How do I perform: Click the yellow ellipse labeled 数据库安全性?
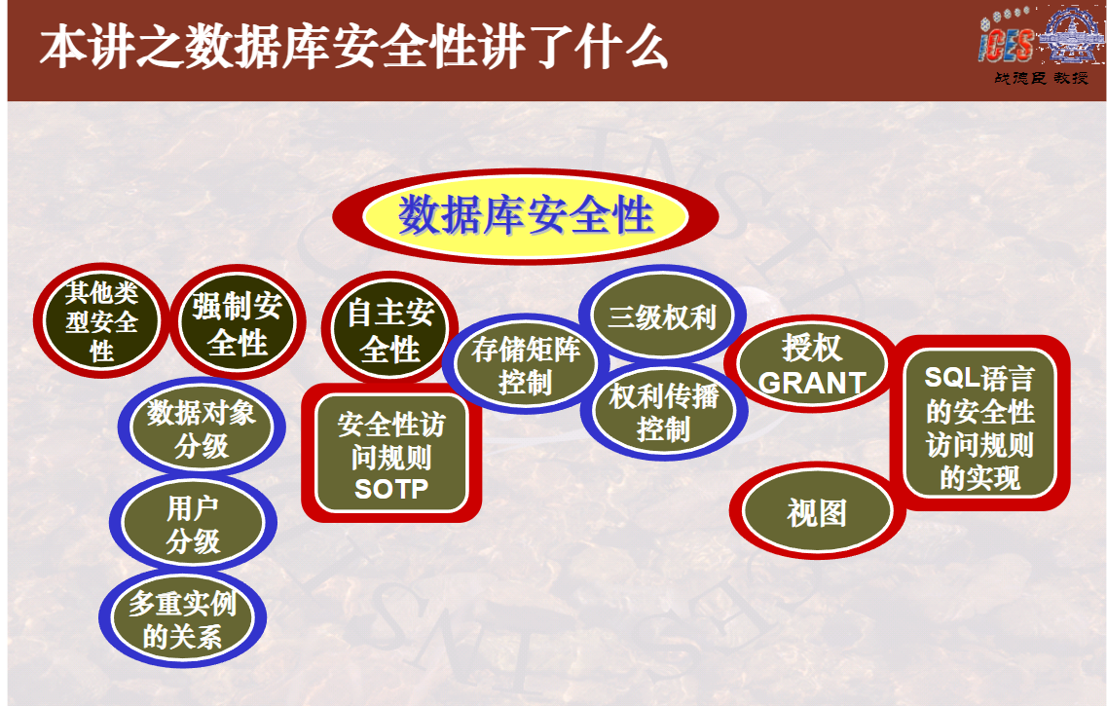click(x=525, y=216)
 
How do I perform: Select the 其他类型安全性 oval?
click(x=101, y=321)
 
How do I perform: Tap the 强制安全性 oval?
click(x=238, y=322)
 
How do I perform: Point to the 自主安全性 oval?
click(x=389, y=329)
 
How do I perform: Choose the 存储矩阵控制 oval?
click(x=525, y=364)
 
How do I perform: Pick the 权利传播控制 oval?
click(x=664, y=412)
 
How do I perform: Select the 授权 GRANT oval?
click(x=812, y=364)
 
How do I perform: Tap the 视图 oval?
click(x=817, y=511)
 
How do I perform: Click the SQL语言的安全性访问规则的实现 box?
click(x=979, y=424)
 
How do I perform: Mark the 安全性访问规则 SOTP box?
click(x=391, y=453)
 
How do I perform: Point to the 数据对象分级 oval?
click(x=202, y=427)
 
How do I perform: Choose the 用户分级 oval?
click(x=193, y=523)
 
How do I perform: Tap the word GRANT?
click(x=812, y=383)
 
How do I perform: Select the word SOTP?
click(x=391, y=489)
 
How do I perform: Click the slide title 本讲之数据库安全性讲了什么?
click(x=353, y=48)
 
